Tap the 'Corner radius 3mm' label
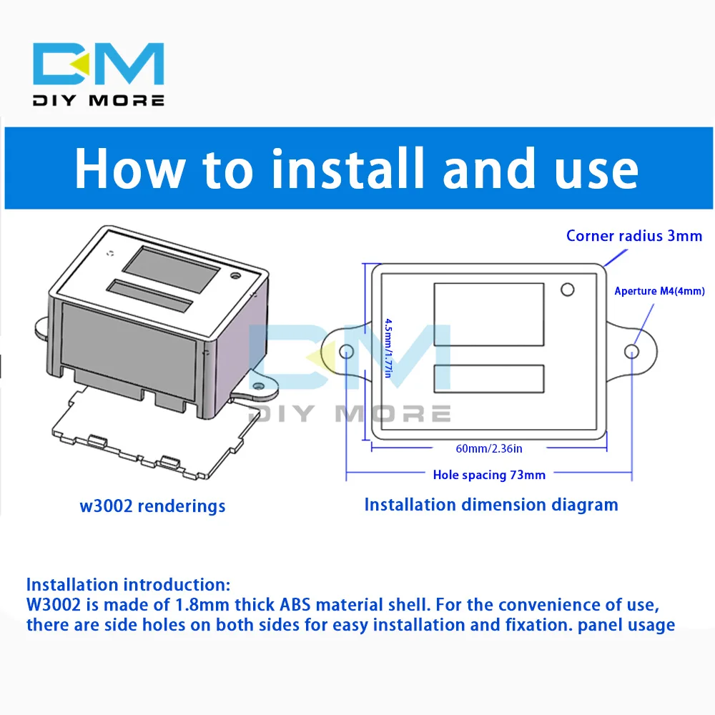(634, 235)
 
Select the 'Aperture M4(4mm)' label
(659, 291)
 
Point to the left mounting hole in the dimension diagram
(347, 351)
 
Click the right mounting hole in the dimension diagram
(632, 351)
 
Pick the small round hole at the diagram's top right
(568, 290)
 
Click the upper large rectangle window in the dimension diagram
(488, 315)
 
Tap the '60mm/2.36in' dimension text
(489, 448)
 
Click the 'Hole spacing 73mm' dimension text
(489, 474)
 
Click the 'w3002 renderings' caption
(152, 506)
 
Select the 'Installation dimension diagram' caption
(491, 504)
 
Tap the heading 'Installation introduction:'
(129, 585)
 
